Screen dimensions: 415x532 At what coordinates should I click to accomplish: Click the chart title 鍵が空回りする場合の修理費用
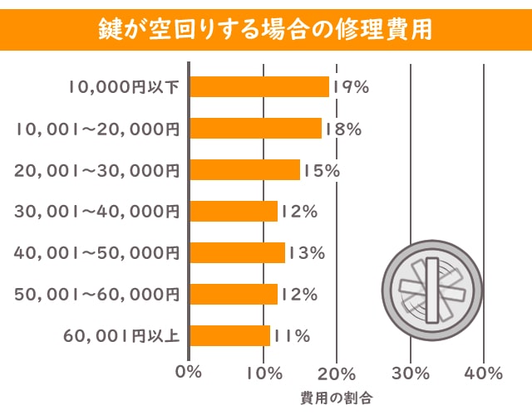pyautogui.click(x=265, y=25)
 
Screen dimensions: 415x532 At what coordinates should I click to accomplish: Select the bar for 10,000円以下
pyautogui.click(x=260, y=86)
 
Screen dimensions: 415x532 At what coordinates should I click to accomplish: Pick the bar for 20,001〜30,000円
pyautogui.click(x=245, y=169)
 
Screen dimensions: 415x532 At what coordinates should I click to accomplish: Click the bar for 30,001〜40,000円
pyautogui.click(x=234, y=211)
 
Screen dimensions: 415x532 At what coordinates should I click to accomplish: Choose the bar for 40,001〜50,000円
pyautogui.click(x=239, y=252)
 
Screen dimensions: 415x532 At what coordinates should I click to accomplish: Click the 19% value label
pyautogui.click(x=350, y=86)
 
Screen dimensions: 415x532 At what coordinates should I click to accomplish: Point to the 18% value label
pyautogui.click(x=342, y=128)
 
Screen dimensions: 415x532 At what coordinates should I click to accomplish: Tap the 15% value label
pyautogui.click(x=321, y=169)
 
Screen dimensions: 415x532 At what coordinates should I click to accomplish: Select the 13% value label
pyautogui.click(x=306, y=252)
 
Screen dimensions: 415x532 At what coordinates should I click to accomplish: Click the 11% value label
pyautogui.click(x=291, y=335)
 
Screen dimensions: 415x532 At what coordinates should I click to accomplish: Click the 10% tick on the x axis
pyautogui.click(x=264, y=373)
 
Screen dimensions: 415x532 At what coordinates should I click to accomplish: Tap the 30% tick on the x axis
pyautogui.click(x=411, y=373)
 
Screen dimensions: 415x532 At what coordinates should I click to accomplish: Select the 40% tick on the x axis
pyautogui.click(x=484, y=373)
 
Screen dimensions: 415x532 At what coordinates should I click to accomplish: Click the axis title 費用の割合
pyautogui.click(x=337, y=398)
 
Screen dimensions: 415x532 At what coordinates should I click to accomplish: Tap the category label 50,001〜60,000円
pyautogui.click(x=97, y=294)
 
